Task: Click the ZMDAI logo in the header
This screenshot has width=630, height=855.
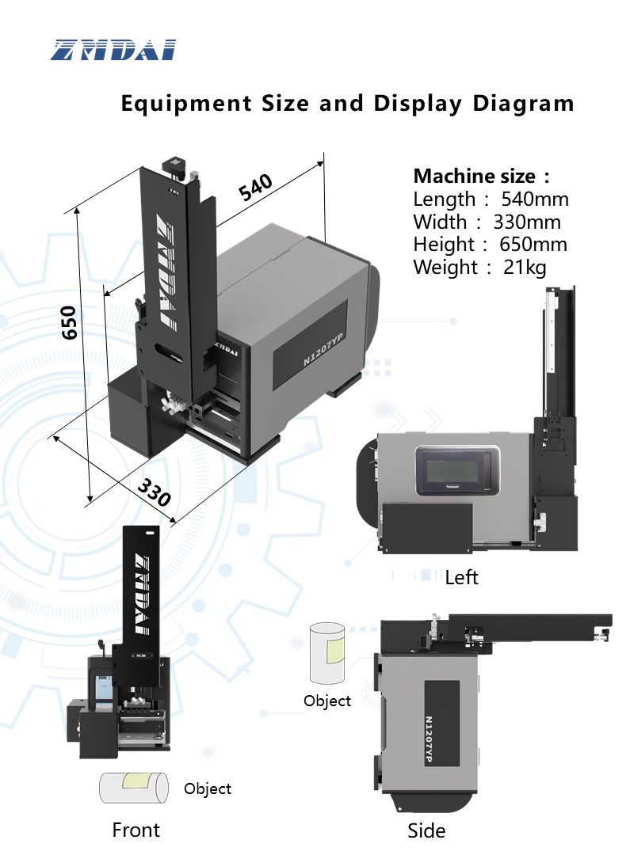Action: click(x=113, y=50)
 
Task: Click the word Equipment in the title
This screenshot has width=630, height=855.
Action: click(x=187, y=104)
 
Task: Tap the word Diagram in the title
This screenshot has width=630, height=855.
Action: click(x=524, y=104)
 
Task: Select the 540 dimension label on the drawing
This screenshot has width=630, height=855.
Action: click(x=255, y=187)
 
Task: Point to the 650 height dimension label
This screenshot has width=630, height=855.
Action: click(x=69, y=323)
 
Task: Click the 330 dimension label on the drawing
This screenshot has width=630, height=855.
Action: click(x=154, y=492)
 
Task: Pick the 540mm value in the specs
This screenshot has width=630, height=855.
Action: click(x=535, y=199)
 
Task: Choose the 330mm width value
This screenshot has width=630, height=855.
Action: click(x=527, y=222)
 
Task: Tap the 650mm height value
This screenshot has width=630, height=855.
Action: click(x=533, y=245)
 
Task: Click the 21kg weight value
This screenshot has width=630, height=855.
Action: click(x=525, y=268)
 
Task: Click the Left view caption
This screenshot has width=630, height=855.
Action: click(x=461, y=577)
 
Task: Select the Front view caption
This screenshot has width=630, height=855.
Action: click(x=136, y=830)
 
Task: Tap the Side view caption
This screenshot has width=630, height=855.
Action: click(x=426, y=830)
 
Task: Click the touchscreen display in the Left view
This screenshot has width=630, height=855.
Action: click(x=457, y=470)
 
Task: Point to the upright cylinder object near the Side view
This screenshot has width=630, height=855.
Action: click(x=327, y=653)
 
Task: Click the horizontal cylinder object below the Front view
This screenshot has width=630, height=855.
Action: click(x=134, y=788)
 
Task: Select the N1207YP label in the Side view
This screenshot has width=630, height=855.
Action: click(x=429, y=739)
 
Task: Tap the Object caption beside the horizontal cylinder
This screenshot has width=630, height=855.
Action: click(x=208, y=789)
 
